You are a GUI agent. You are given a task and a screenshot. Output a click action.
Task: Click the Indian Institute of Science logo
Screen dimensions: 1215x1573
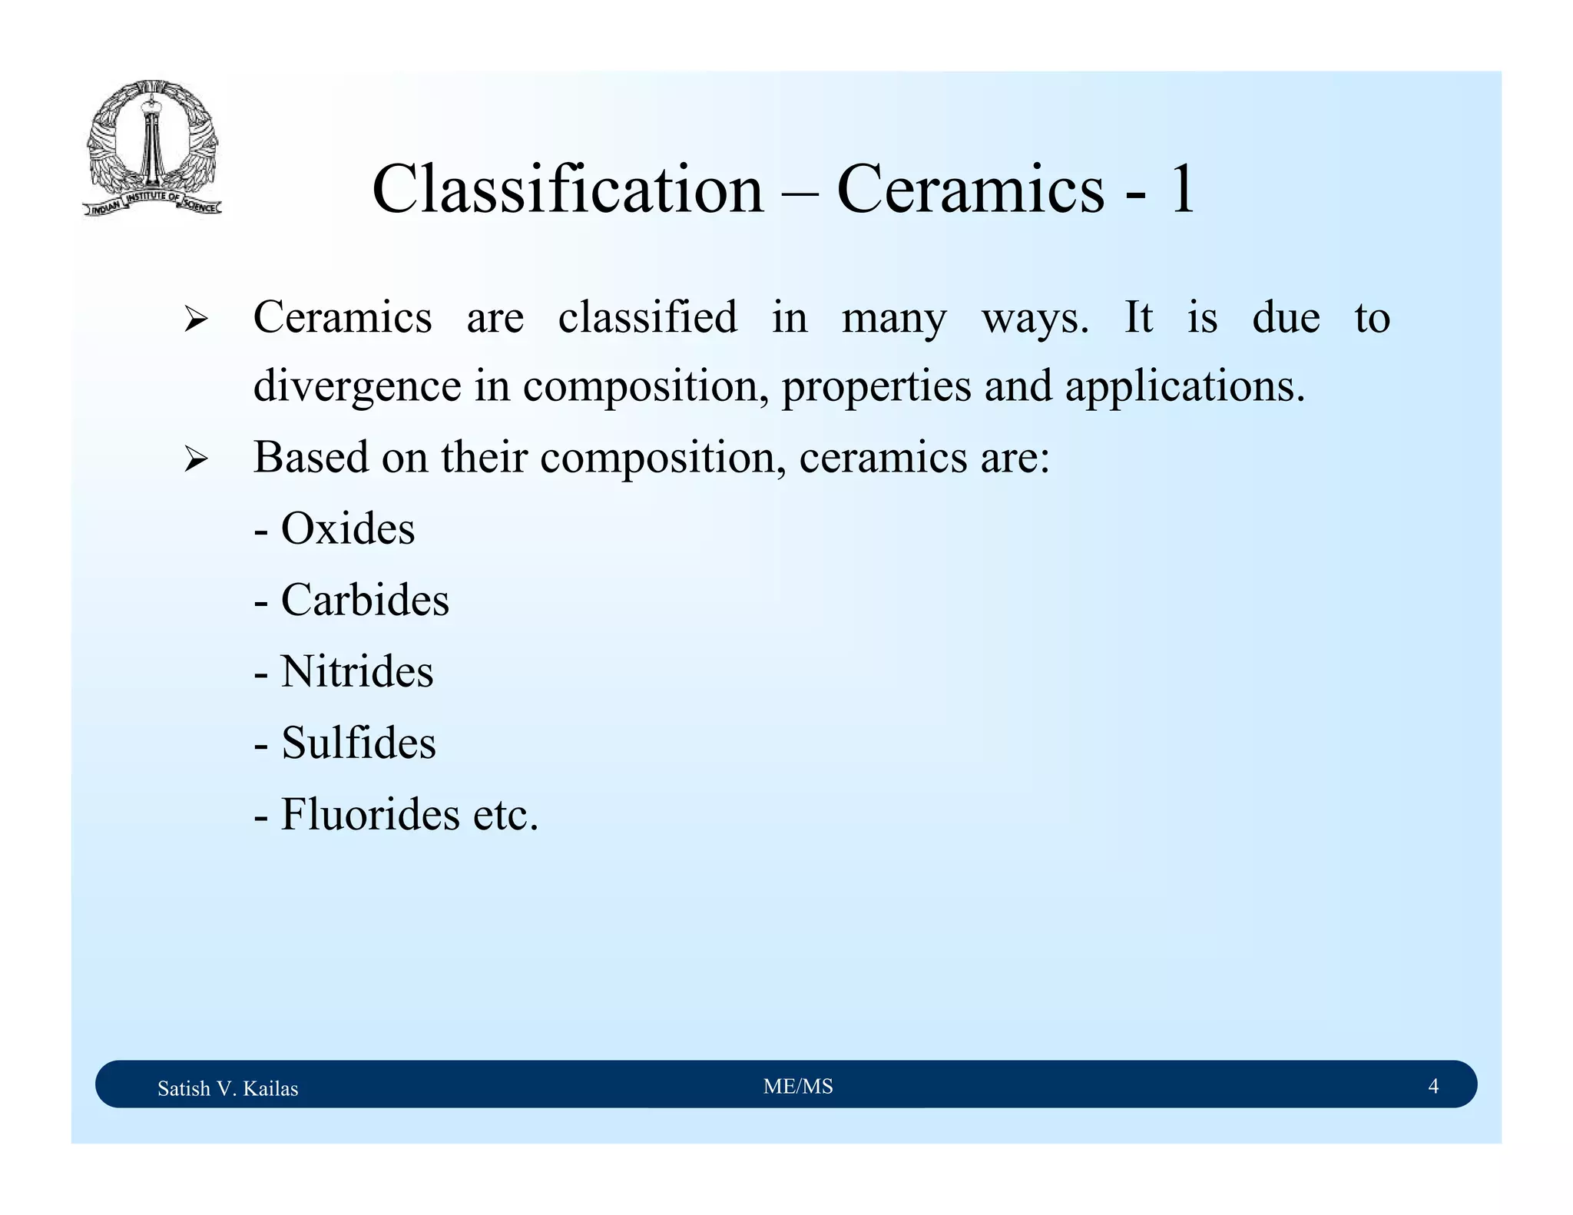[152, 148]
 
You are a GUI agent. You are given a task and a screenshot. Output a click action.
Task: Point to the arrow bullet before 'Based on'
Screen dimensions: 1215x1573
[196, 460]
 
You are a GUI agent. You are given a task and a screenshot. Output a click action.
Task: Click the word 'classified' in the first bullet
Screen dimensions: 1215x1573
[647, 316]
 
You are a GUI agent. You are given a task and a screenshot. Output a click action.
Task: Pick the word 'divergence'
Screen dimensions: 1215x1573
[357, 386]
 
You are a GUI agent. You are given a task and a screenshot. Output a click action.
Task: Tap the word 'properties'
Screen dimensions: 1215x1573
[876, 386]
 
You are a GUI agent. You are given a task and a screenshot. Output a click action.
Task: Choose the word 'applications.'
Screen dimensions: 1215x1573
[1184, 386]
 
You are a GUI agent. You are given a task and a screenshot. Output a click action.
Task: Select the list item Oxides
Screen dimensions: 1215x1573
[347, 528]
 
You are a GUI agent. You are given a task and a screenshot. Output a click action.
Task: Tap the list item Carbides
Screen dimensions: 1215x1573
[364, 600]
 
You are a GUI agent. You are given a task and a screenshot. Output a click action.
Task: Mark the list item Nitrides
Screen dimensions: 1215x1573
[356, 671]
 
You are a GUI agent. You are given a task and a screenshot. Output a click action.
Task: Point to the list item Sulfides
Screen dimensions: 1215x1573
[358, 743]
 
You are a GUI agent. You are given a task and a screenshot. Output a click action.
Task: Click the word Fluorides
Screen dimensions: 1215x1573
[369, 814]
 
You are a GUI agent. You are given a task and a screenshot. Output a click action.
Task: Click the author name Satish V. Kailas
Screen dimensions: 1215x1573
[227, 1088]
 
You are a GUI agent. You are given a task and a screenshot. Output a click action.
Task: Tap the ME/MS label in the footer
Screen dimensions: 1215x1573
[798, 1086]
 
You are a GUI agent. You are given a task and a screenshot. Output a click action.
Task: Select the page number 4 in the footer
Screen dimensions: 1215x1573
[1433, 1086]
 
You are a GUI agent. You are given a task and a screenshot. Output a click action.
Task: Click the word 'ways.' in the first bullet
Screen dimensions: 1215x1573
[1035, 318]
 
